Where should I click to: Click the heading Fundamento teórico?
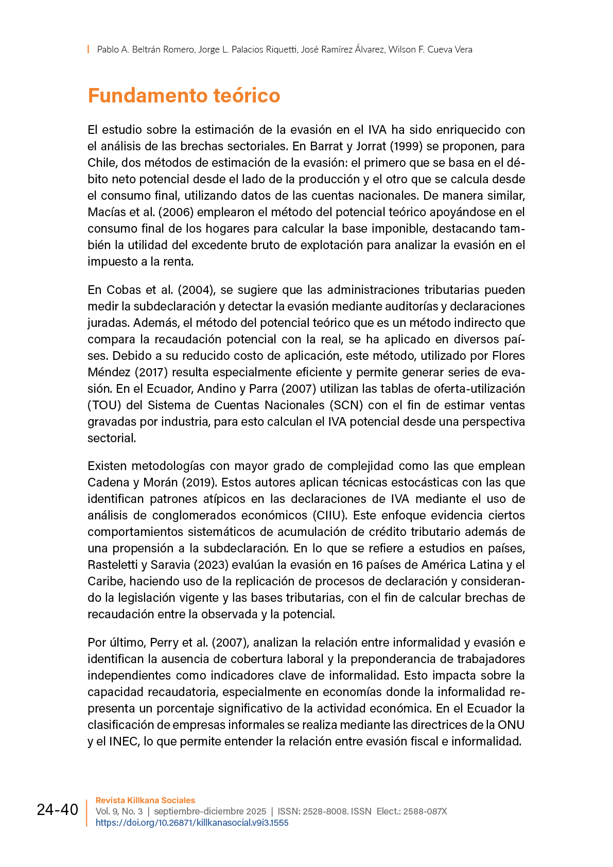184,96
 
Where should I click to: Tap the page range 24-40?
57,810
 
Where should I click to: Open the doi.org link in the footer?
192,823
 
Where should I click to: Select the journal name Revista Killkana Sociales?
145,801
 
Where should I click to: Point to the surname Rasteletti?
113,565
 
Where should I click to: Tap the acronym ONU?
511,725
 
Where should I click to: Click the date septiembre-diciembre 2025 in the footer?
210,811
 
